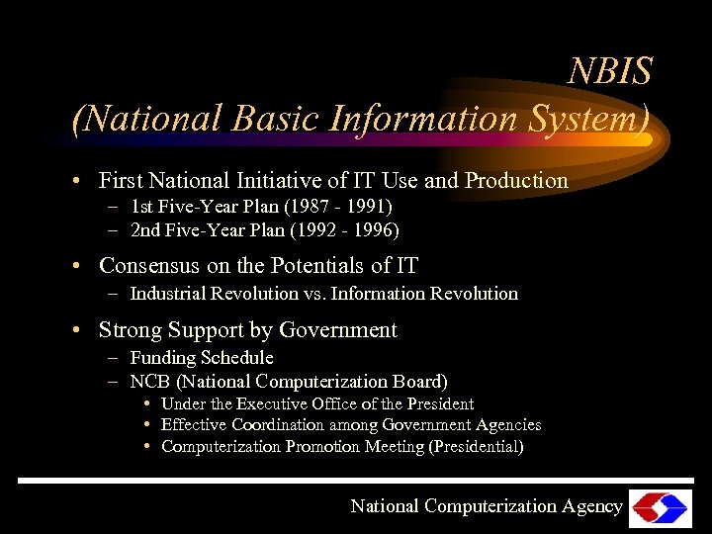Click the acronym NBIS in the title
[x=610, y=70]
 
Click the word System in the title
[x=589, y=119]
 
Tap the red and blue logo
[x=661, y=507]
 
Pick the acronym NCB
[x=152, y=381]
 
